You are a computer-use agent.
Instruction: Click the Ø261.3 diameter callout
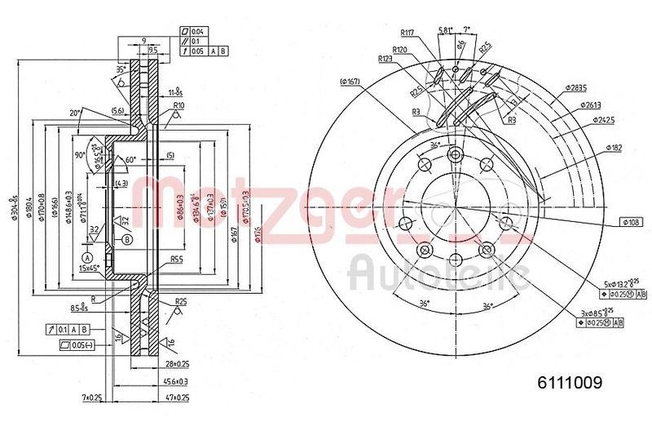[592, 104]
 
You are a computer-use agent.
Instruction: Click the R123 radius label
[386, 59]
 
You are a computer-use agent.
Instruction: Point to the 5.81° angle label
[445, 30]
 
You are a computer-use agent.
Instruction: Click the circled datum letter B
[126, 239]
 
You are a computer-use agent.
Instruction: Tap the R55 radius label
[174, 260]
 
